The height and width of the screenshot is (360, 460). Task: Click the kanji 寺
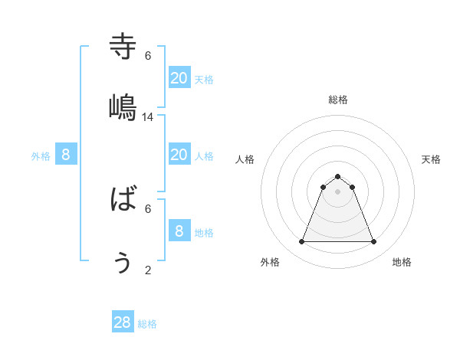coord(123,46)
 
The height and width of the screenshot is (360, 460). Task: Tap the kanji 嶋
coord(123,107)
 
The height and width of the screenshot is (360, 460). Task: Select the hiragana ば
coord(123,200)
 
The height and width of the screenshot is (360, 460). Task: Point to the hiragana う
coord(123,262)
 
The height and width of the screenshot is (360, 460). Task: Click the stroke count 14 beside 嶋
coord(148,117)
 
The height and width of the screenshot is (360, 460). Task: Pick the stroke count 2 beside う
coord(148,270)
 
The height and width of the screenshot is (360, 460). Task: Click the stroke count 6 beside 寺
coord(148,56)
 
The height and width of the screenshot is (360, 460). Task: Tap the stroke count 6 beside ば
coord(148,208)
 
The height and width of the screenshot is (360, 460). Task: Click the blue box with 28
coord(123,322)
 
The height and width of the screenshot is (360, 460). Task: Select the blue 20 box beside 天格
coord(179,77)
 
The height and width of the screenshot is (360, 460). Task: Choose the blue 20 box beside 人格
coord(179,154)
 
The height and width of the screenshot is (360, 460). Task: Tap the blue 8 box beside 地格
coord(179,231)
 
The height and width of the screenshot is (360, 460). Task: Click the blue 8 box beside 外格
coord(66,155)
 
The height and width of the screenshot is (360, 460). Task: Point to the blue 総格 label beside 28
coord(147,324)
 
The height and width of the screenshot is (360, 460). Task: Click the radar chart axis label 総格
coord(337,100)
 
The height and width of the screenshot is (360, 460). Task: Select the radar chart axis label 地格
coord(402,262)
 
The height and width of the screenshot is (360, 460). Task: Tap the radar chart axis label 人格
coord(245,159)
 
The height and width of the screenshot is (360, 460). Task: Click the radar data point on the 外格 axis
coord(301,242)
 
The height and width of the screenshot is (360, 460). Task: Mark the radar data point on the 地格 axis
coord(373,242)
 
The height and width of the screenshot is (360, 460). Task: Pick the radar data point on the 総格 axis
coord(337,176)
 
